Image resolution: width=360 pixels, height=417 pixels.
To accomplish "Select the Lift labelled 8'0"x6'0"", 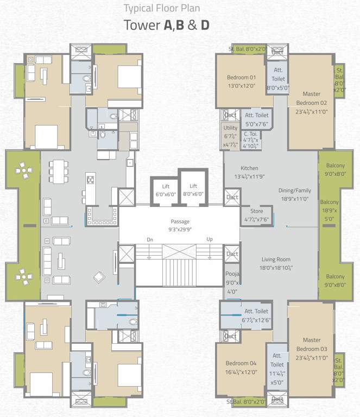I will coord(193,190).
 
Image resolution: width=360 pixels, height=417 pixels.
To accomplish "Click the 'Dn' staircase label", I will coord(150,239).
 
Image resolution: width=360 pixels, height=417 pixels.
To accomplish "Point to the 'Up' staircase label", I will coord(209,239).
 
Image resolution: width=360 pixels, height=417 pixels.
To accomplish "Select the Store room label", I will coord(256,215).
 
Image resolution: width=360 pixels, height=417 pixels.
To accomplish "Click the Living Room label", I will coord(276,264).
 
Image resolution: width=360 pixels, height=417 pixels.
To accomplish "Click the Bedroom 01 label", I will coord(241,81).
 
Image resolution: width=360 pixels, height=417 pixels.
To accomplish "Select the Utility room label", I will coord(230,136).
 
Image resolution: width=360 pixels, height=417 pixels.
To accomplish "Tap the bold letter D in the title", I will coord(205,26).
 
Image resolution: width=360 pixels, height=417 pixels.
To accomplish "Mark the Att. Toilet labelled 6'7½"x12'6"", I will coord(257,315).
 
